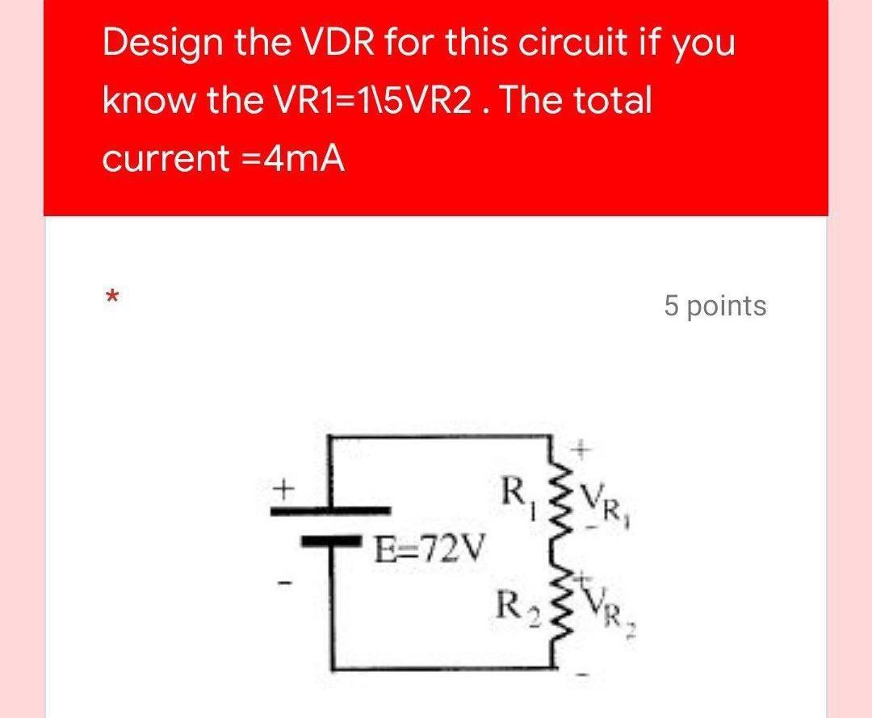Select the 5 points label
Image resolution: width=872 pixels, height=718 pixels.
click(x=715, y=306)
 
